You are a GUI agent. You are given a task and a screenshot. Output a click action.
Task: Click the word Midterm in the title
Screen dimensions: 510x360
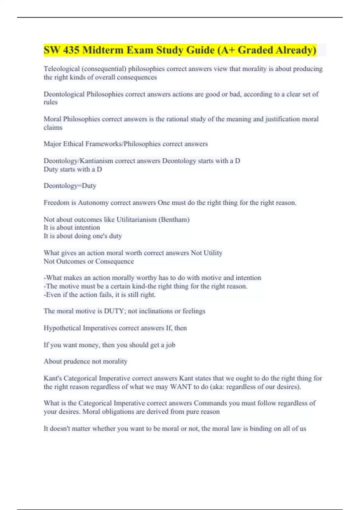(x=103, y=50)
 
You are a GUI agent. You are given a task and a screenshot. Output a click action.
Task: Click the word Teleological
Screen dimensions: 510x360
(x=61, y=69)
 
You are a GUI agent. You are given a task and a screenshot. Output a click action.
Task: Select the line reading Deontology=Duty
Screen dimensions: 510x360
(x=70, y=186)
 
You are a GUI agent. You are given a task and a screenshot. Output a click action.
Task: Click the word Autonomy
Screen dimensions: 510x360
(x=93, y=203)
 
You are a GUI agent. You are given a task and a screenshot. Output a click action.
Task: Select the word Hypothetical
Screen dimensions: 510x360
(x=62, y=328)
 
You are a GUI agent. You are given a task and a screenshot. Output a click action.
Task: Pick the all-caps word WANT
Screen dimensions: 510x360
(x=181, y=387)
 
